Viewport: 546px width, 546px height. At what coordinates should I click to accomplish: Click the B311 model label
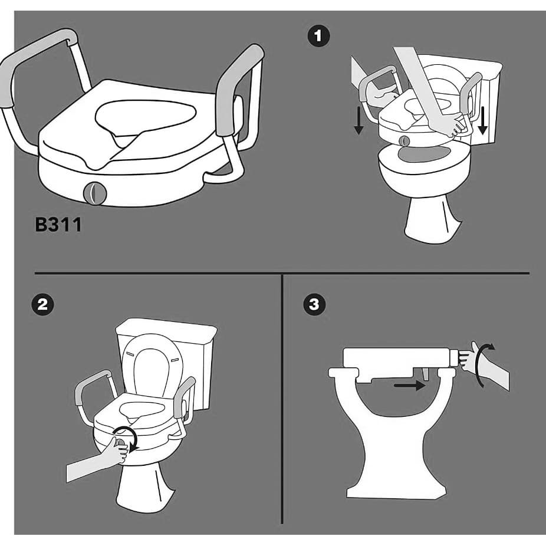[x=58, y=225]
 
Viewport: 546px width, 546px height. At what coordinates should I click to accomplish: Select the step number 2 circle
[x=42, y=305]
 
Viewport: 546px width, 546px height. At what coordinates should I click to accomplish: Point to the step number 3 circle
[x=314, y=305]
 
